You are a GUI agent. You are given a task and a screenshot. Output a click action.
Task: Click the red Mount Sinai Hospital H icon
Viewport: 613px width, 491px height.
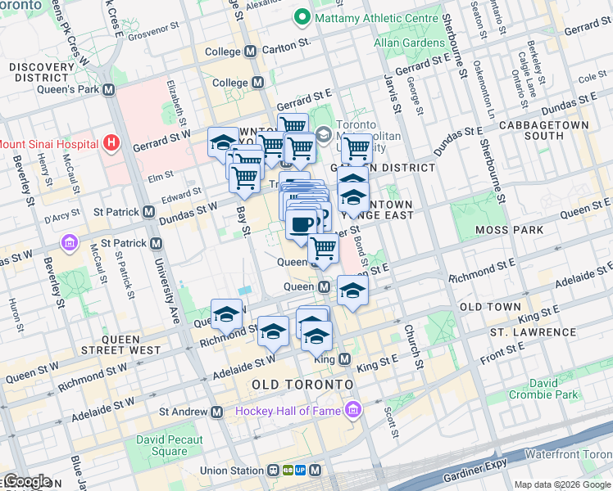coord(112,144)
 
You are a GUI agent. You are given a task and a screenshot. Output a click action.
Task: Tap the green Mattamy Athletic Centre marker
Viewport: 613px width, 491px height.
coord(302,17)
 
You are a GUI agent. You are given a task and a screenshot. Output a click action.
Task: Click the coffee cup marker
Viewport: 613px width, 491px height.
coord(302,223)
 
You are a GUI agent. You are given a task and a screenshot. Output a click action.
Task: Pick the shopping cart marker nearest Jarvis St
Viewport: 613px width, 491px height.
coord(356,149)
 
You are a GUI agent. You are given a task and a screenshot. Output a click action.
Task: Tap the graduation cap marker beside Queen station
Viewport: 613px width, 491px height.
coord(352,291)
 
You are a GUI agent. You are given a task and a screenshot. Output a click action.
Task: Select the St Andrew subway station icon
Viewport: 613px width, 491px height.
coord(216,412)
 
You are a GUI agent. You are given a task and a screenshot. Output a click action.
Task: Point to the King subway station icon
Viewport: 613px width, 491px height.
coord(344,359)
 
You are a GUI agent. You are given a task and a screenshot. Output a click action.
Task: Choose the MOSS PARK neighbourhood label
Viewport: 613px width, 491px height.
coord(514,230)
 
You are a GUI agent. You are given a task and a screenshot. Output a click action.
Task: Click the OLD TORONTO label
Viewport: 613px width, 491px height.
coord(302,384)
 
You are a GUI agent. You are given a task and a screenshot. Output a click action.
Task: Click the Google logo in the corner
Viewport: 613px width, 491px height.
coord(26,481)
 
